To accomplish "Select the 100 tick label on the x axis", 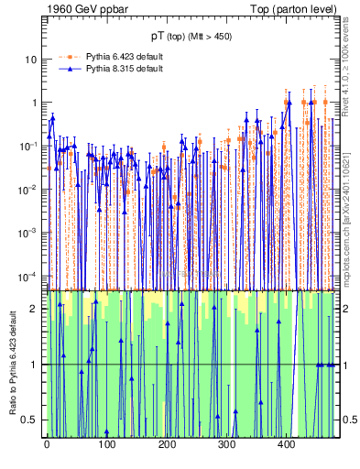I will coord(106,444).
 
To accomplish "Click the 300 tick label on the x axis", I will coord(226,444).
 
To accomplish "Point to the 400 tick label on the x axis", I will coord(286,444).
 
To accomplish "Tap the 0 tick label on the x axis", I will coord(47,444).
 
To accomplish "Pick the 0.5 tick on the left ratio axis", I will coord(31,420).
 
